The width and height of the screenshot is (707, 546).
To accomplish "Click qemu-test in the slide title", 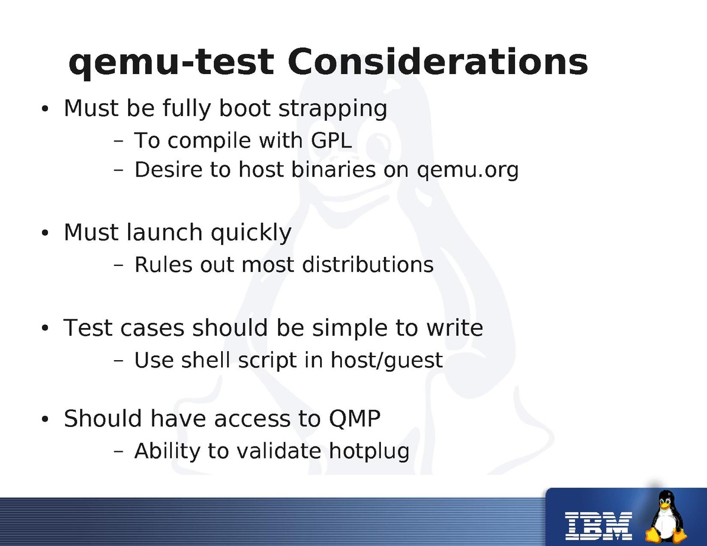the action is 171,63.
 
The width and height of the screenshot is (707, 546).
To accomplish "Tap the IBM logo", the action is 598,526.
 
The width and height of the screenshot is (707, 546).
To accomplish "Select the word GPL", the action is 332,140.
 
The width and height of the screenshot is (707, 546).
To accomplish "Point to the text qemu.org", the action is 468,171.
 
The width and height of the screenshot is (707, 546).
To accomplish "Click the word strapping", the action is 333,109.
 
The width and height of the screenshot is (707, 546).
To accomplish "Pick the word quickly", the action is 251,233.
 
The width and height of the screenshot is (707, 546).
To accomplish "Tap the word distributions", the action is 368,264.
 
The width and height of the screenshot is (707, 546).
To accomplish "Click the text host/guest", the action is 387,360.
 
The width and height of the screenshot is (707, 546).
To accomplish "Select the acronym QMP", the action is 354,419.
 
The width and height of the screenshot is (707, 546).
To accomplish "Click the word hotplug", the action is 369,451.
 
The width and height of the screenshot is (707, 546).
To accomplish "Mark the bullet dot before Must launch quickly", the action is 44,233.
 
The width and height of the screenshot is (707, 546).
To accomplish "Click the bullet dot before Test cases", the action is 44,328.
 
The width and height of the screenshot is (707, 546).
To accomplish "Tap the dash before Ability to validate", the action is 118,451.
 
